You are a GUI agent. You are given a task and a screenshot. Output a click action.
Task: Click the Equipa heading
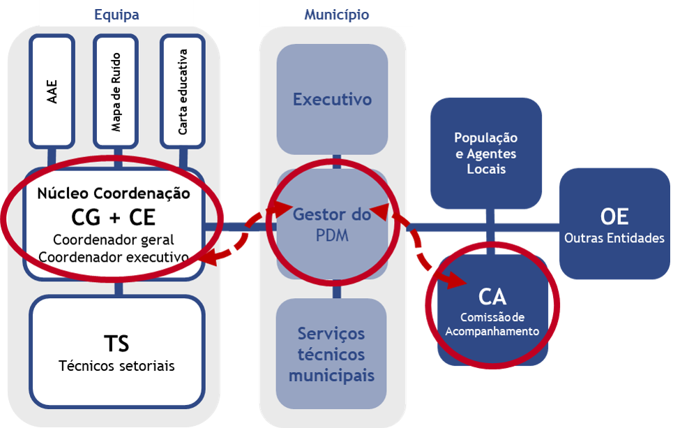click(x=116, y=15)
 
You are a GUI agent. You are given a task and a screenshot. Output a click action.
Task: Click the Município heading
click(x=337, y=15)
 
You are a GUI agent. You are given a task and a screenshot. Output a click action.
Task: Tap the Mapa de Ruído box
click(x=116, y=91)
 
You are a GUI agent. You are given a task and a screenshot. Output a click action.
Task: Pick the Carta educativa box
click(x=182, y=91)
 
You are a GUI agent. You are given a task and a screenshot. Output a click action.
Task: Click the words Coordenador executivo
click(x=114, y=256)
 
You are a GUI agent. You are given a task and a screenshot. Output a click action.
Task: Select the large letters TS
click(x=116, y=343)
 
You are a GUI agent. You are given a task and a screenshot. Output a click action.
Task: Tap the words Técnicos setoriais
click(x=116, y=365)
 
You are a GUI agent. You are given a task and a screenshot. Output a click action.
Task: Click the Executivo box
click(x=332, y=99)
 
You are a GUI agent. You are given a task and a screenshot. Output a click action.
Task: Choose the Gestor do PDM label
click(x=331, y=225)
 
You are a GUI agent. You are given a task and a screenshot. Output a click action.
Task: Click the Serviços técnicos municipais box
click(x=331, y=354)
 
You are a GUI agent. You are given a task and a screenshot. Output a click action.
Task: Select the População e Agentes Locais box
click(x=485, y=154)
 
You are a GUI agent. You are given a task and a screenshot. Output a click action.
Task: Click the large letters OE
click(x=614, y=216)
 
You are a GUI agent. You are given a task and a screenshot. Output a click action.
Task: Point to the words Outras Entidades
click(x=614, y=238)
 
